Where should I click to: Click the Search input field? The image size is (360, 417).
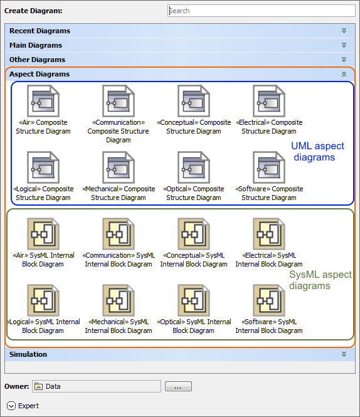(262, 11)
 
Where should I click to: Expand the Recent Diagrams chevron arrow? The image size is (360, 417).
(344, 31)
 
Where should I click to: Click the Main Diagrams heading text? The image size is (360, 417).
(36, 45)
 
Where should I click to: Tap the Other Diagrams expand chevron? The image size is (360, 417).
(344, 60)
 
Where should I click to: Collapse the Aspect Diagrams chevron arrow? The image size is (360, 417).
(344, 74)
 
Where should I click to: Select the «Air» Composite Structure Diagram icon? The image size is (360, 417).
(43, 101)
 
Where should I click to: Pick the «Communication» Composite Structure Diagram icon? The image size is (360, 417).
(119, 101)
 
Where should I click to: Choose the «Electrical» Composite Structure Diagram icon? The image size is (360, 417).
(269, 101)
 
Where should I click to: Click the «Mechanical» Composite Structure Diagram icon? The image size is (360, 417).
(119, 167)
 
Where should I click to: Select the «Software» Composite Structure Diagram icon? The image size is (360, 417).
(269, 167)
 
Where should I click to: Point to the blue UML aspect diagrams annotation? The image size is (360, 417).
(317, 152)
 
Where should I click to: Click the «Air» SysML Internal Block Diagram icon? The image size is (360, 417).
(43, 234)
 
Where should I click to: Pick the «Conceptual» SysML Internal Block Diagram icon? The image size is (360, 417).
(194, 234)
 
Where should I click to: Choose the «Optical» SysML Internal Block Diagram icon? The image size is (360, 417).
(194, 300)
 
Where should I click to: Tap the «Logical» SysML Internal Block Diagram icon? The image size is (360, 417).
(43, 300)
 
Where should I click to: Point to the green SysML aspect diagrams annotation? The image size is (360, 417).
(320, 280)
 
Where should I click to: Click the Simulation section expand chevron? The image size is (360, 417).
(344, 354)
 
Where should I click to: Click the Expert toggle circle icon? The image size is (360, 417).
(11, 406)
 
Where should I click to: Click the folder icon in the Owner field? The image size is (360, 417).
(39, 386)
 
